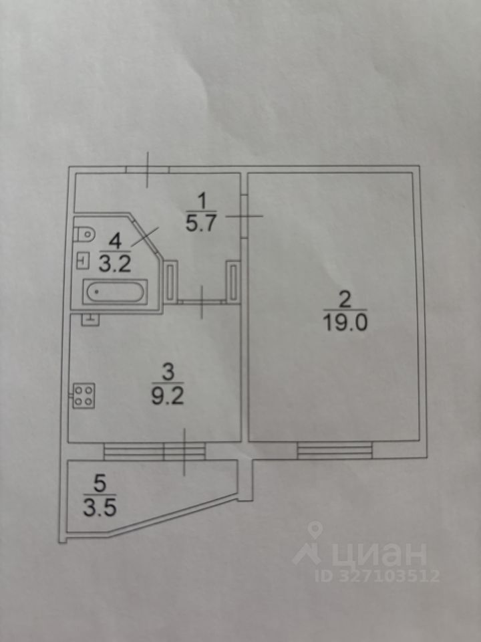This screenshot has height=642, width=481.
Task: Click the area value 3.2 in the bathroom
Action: (115, 262)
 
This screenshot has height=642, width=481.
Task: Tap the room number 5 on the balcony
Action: (100, 479)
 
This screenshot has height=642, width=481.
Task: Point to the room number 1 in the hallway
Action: (200, 199)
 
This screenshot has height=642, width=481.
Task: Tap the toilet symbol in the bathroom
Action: (84, 235)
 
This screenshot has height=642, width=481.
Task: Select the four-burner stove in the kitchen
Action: (84, 395)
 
